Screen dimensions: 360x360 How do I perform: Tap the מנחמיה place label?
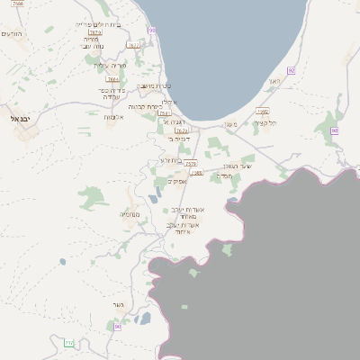coord(129,214)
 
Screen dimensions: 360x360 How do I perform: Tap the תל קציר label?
coord(265,122)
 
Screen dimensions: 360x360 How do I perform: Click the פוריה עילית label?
coord(107,65)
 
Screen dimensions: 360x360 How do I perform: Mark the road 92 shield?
coord(292,70)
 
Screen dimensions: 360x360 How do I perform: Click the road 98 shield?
coord(334,130)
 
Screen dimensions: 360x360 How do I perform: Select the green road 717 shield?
coord(69,342)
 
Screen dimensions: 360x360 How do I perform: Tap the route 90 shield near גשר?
coord(117,326)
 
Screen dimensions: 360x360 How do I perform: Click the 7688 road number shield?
coord(18,4)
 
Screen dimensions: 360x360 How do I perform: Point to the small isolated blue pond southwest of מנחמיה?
coord(62,262)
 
